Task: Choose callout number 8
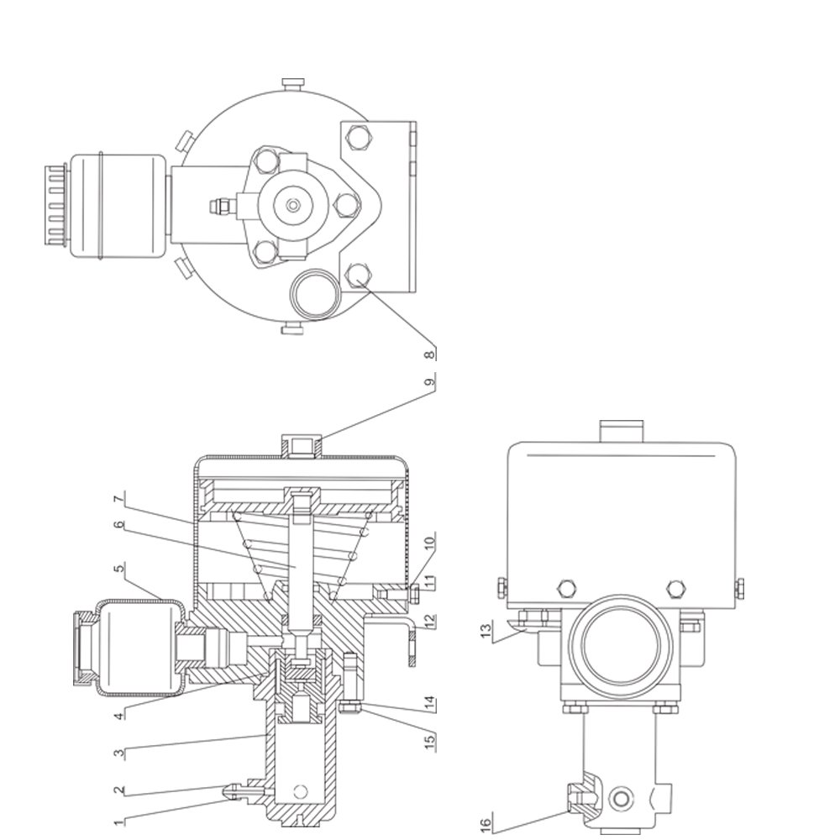coord(429,354)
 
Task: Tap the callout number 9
coord(429,382)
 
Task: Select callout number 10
coord(429,542)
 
